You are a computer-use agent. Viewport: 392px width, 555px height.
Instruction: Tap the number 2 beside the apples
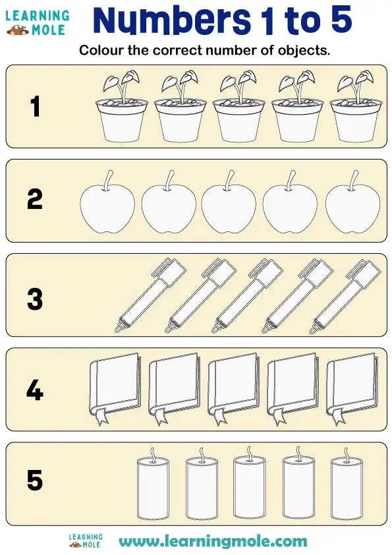coord(35,199)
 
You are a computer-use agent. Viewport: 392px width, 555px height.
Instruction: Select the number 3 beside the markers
coord(35,299)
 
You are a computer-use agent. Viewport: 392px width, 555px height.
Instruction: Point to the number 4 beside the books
coord(35,392)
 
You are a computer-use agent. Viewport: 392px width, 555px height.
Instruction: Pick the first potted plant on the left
coord(123,109)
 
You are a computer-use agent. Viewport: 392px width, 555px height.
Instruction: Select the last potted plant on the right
coord(354,109)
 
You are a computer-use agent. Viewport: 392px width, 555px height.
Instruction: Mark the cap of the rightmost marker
coord(363,270)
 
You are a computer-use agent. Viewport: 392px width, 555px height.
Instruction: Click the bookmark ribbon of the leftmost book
coord(101,416)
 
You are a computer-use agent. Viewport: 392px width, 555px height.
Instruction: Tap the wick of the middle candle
coord(248,452)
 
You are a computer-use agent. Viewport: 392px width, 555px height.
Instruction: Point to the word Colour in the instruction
coord(98,51)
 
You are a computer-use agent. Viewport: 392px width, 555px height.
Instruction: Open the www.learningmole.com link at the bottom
coord(213,542)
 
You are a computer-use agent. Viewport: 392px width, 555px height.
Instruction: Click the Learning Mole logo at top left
coord(37,22)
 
